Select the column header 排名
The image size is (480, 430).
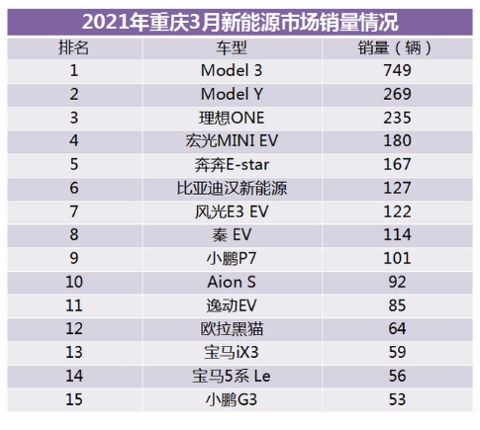coord(74,48)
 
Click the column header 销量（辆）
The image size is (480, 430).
coord(396,48)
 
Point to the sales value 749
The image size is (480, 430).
coord(396,72)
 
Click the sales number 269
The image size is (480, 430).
coord(396,95)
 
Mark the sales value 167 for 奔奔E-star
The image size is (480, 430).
coord(396,165)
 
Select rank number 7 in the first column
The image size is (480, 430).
coord(74,212)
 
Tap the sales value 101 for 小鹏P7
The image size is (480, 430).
coord(396,258)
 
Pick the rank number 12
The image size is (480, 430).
coord(74,327)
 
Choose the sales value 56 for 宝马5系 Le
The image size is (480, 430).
coord(396,374)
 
